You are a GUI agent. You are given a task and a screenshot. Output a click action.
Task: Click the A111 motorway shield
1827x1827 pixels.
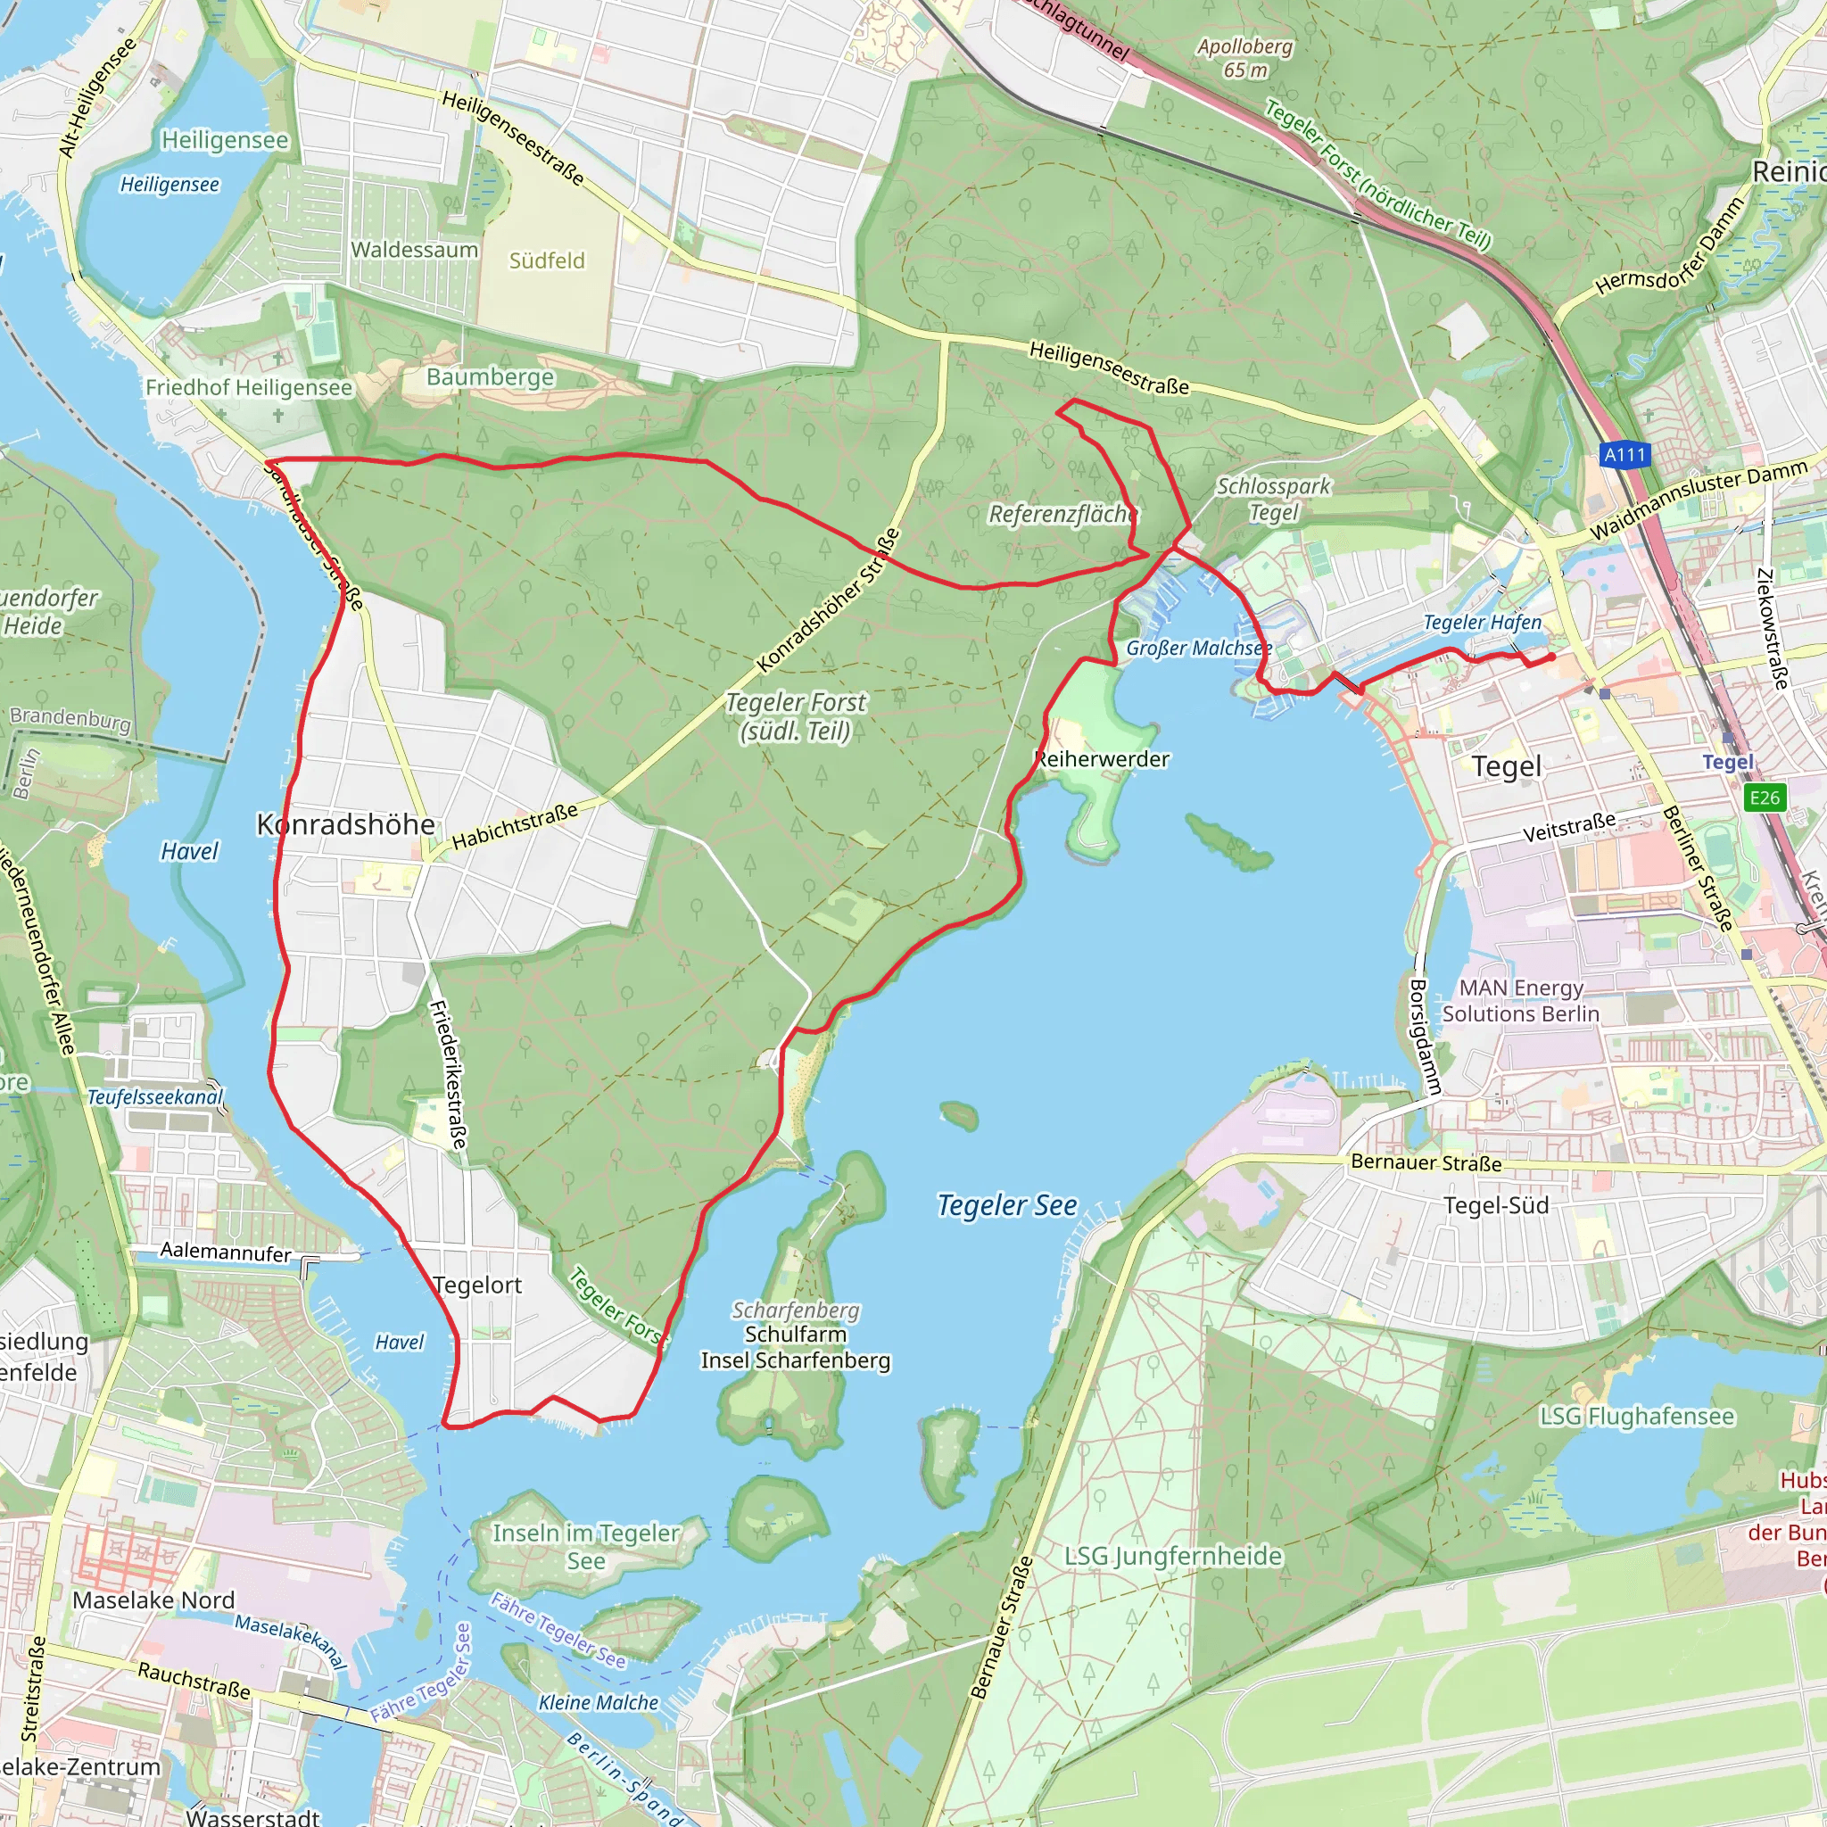pos(1624,455)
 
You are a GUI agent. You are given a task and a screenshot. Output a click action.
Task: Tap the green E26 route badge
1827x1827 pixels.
pos(1764,798)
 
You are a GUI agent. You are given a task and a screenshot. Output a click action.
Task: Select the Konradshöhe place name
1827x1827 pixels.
pos(346,824)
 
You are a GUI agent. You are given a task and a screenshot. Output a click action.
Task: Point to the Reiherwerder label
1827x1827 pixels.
pos(1102,758)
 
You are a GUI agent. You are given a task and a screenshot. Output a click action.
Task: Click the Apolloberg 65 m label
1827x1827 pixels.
pos(1244,58)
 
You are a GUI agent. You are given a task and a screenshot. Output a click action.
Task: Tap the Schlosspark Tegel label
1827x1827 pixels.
pos(1273,499)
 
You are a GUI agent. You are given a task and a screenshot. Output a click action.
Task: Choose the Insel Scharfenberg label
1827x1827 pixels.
pos(795,1360)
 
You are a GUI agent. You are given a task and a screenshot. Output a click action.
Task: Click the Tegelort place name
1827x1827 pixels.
pos(477,1286)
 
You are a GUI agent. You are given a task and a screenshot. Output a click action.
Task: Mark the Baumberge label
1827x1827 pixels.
pos(490,376)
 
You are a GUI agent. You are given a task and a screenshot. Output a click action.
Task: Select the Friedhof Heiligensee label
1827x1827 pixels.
pos(249,388)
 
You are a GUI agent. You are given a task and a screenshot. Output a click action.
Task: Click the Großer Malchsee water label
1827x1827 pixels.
pos(1198,648)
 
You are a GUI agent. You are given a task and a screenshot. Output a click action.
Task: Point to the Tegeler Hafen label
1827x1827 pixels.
pos(1482,623)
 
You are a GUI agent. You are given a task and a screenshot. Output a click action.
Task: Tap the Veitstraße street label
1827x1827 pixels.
pos(1569,828)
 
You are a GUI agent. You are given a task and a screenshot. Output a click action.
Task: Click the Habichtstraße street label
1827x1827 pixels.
pos(515,826)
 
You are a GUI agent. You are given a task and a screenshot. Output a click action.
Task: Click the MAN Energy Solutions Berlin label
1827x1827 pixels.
pos(1521,1001)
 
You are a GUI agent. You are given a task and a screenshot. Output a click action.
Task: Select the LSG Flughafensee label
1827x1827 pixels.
pos(1637,1416)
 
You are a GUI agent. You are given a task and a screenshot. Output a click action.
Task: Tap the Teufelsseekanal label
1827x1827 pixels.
pos(155,1097)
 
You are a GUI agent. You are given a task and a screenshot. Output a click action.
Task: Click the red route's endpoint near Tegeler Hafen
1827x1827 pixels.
pos(1552,657)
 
